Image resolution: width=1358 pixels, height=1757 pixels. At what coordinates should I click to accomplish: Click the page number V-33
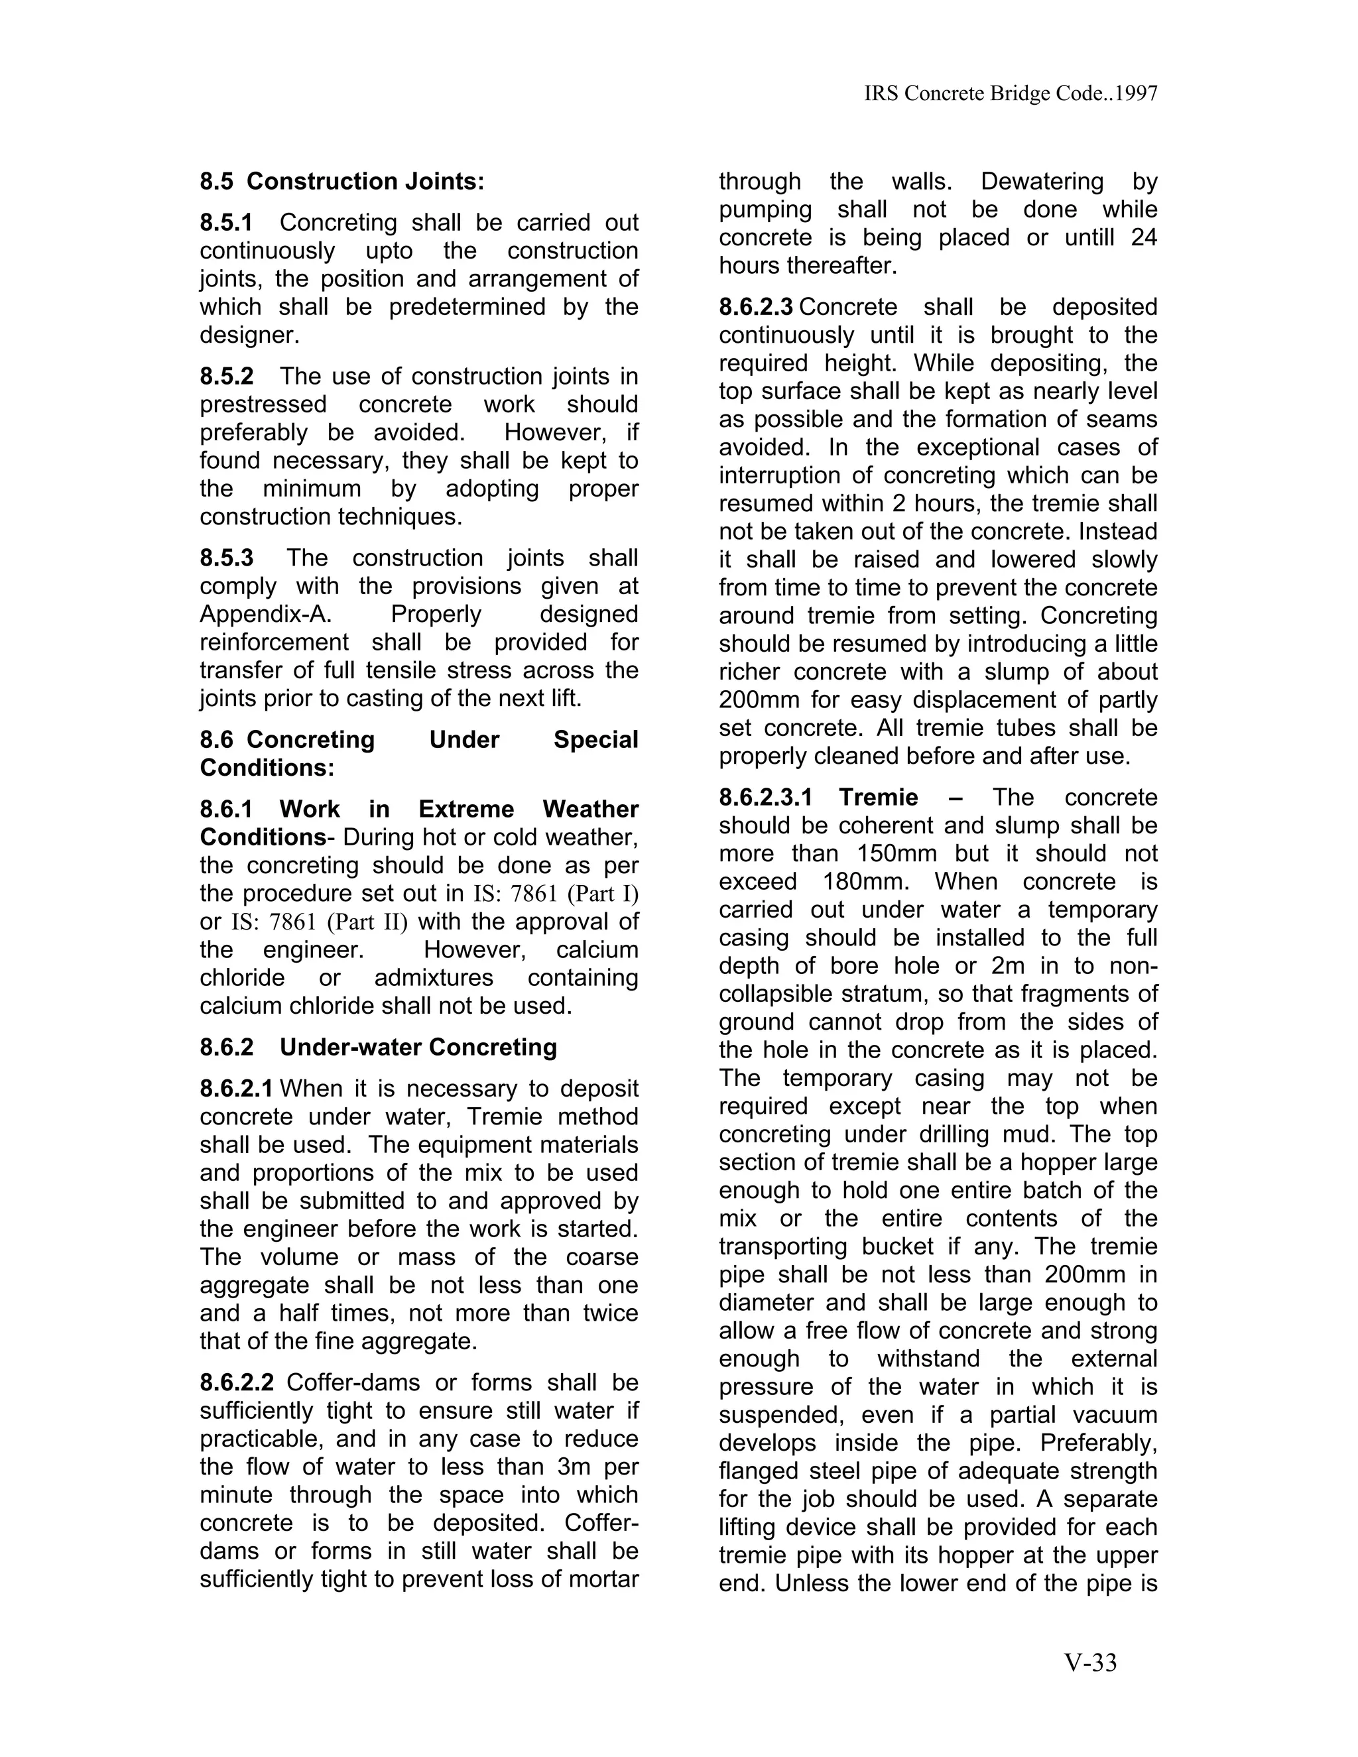click(1090, 1662)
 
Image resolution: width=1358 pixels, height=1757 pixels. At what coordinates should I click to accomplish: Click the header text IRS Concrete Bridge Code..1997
click(1011, 94)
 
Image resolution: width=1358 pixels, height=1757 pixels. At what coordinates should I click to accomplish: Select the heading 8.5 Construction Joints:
click(342, 182)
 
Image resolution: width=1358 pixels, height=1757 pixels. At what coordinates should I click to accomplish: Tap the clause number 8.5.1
click(226, 223)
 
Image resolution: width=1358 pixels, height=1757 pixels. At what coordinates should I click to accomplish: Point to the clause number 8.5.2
click(226, 377)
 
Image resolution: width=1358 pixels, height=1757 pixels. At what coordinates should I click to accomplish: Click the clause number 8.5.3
click(226, 558)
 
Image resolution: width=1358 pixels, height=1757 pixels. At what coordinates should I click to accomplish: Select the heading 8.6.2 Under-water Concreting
click(378, 1048)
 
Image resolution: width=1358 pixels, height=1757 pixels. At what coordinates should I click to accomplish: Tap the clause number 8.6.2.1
click(237, 1089)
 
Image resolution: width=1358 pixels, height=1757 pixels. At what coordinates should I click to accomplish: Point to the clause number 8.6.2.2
click(237, 1383)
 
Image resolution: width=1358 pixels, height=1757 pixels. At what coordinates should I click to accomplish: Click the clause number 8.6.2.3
click(755, 308)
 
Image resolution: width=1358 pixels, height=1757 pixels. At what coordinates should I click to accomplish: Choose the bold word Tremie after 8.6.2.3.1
click(878, 797)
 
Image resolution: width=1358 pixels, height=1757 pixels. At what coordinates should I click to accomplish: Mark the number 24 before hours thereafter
click(1143, 238)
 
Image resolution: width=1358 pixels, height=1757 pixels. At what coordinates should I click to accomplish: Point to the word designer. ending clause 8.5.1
click(249, 335)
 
